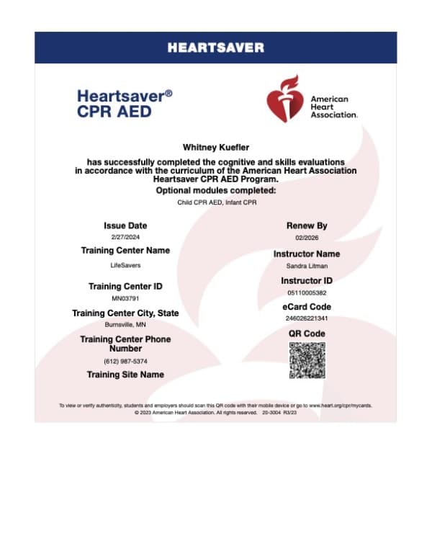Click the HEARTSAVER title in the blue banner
coord(215,48)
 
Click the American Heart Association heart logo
coord(284,99)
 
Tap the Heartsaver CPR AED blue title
coord(125,102)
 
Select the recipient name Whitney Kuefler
coord(215,147)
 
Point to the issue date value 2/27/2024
coord(125,236)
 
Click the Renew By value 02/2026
coord(307,237)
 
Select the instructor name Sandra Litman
coord(307,266)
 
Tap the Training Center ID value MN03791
coord(125,298)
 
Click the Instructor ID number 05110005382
coord(307,292)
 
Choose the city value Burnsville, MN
coord(125,324)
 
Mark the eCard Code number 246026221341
coord(307,318)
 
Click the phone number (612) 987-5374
coord(125,360)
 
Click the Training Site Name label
coord(125,375)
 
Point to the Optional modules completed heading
coord(215,190)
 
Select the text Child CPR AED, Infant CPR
coord(215,203)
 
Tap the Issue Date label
coord(125,225)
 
